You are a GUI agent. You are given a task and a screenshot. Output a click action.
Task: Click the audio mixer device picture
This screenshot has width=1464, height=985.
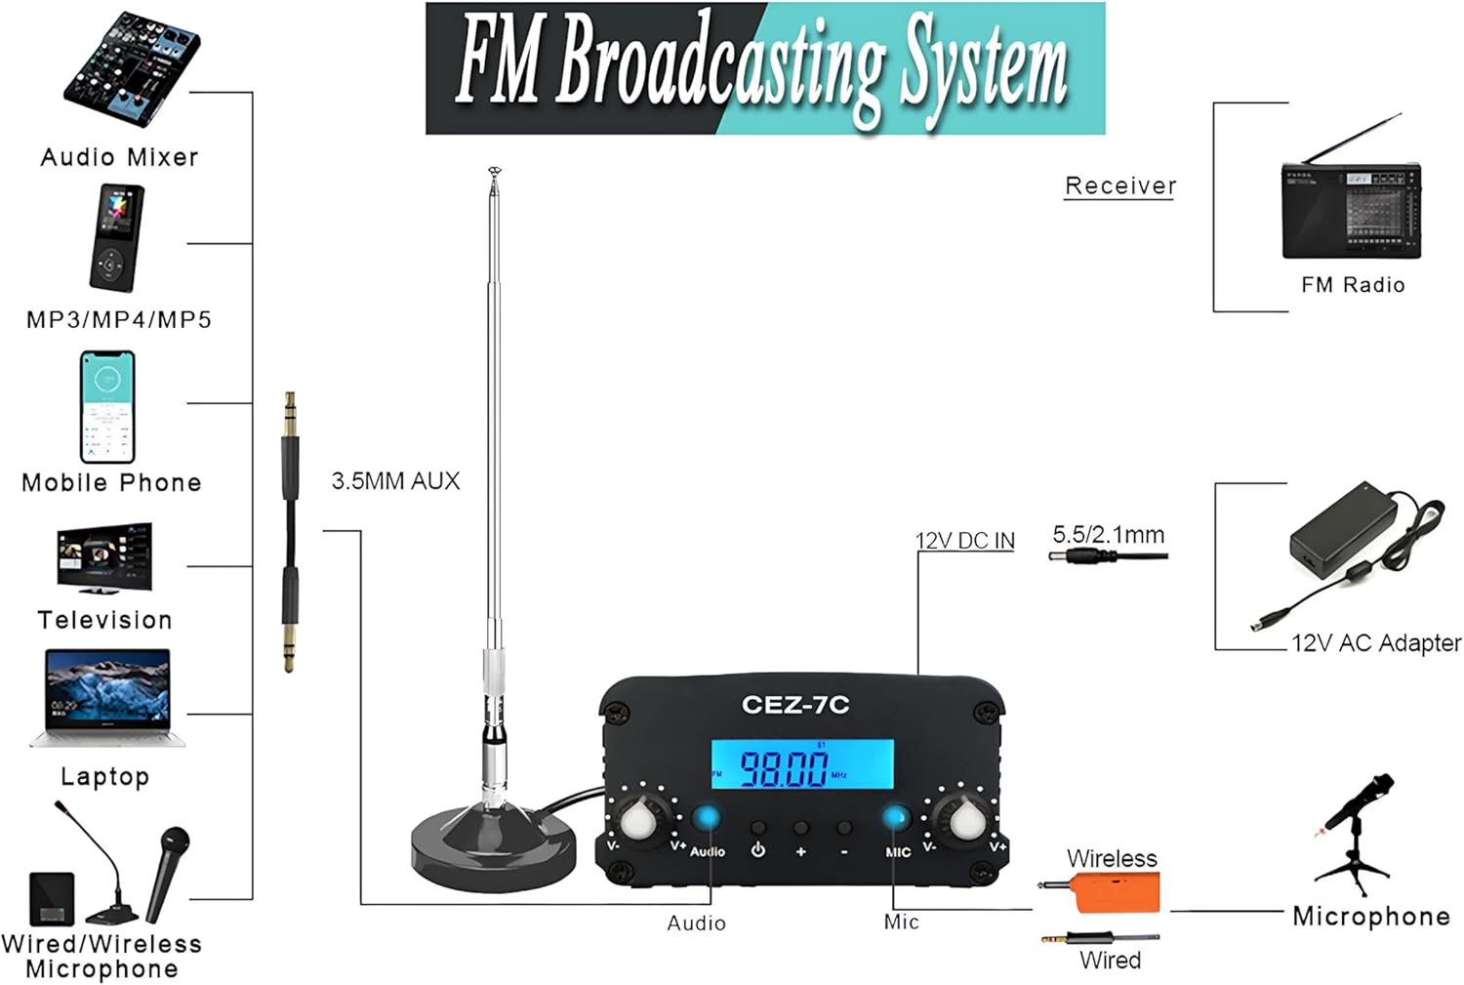(131, 68)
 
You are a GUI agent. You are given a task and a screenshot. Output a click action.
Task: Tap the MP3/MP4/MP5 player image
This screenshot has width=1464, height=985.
(116, 237)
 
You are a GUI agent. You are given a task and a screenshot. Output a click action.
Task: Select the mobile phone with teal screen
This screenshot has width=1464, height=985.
(107, 406)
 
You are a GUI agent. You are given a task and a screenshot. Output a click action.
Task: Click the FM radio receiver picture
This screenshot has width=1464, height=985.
(1351, 210)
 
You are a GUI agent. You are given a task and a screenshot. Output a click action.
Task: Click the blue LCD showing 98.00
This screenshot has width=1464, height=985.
(801, 764)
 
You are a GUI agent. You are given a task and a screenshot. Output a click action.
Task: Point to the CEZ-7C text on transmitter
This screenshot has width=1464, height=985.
(795, 704)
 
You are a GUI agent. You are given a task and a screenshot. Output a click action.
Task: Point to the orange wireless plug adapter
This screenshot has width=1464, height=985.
(1113, 891)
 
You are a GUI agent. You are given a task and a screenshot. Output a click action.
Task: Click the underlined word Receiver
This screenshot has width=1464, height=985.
(1120, 185)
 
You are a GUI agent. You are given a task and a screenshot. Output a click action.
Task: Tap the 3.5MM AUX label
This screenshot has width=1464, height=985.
(395, 480)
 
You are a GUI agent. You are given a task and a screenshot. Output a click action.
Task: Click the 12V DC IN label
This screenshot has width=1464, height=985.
(964, 541)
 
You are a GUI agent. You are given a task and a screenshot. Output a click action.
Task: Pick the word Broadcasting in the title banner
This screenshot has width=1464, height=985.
(720, 63)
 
